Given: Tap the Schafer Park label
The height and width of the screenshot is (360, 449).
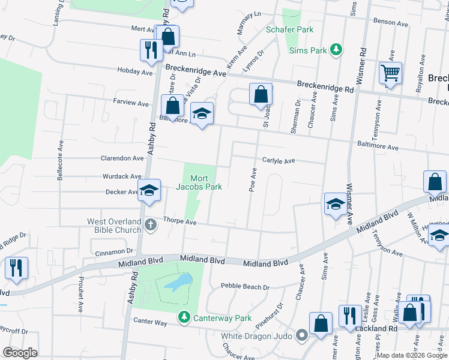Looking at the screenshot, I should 291,29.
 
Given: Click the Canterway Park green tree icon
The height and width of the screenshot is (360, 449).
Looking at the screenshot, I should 184,317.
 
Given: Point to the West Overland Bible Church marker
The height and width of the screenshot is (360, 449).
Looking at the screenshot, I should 151,226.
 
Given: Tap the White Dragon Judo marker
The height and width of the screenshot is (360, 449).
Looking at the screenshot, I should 303,335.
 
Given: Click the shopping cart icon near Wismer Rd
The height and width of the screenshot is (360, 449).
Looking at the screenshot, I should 390,74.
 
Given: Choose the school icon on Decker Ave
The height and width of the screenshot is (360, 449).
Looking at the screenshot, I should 149,191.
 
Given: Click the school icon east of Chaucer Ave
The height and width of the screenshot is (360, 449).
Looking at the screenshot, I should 335,204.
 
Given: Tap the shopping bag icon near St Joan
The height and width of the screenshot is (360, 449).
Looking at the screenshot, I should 261,95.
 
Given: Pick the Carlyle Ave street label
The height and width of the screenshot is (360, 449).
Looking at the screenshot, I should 279,161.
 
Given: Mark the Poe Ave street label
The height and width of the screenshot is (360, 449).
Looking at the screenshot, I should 253,180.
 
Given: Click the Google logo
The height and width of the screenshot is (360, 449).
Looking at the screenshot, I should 20,353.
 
